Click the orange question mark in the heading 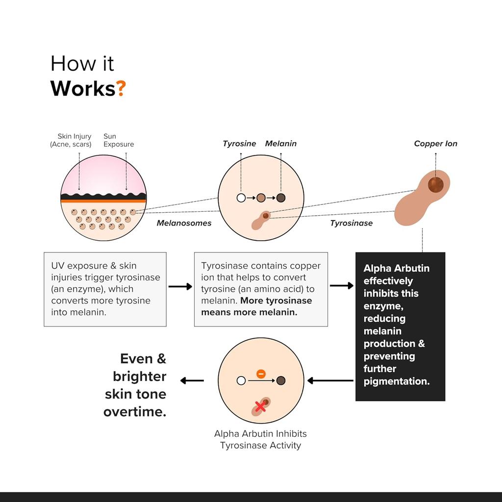click(121, 88)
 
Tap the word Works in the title click(82, 88)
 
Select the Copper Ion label click(435, 144)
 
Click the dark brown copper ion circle click(435, 185)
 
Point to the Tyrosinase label click(351, 223)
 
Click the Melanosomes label click(184, 223)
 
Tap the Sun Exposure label click(118, 140)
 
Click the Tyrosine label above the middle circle click(239, 144)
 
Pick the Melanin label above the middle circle click(280, 144)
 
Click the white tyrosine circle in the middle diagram click(241, 198)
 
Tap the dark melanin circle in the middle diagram click(280, 198)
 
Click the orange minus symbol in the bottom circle click(261, 374)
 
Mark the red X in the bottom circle click(260, 406)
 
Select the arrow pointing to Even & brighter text click(192, 380)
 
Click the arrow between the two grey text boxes click(180, 286)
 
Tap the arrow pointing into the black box click(341, 286)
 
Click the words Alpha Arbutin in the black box click(396, 268)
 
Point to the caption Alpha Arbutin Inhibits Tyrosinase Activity click(260, 439)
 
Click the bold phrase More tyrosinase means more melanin click(256, 306)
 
